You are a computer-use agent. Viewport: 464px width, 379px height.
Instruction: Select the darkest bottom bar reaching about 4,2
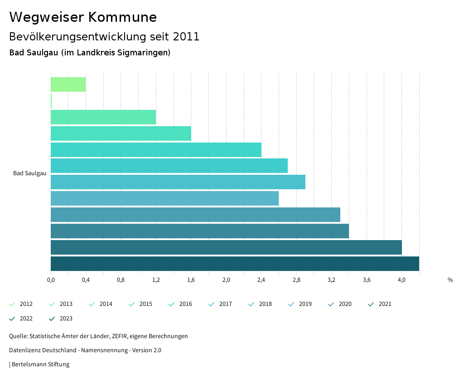pos(235,264)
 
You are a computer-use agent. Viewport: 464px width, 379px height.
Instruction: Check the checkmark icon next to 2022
pos(12,319)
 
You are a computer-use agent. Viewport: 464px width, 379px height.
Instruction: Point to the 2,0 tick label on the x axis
pos(226,280)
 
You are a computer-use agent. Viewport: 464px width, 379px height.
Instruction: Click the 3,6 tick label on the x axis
pos(367,280)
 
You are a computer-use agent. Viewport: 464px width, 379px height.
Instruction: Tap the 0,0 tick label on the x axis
pos(51,280)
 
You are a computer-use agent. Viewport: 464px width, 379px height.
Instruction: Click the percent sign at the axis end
pos(450,280)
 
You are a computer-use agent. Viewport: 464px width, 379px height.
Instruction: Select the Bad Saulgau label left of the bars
pos(29,173)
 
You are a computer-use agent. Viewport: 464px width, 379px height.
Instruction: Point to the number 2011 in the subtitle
pos(186,37)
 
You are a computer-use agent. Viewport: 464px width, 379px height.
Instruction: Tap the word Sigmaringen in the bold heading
pos(142,53)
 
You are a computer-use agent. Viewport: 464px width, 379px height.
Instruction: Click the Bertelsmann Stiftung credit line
pos(40,364)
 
